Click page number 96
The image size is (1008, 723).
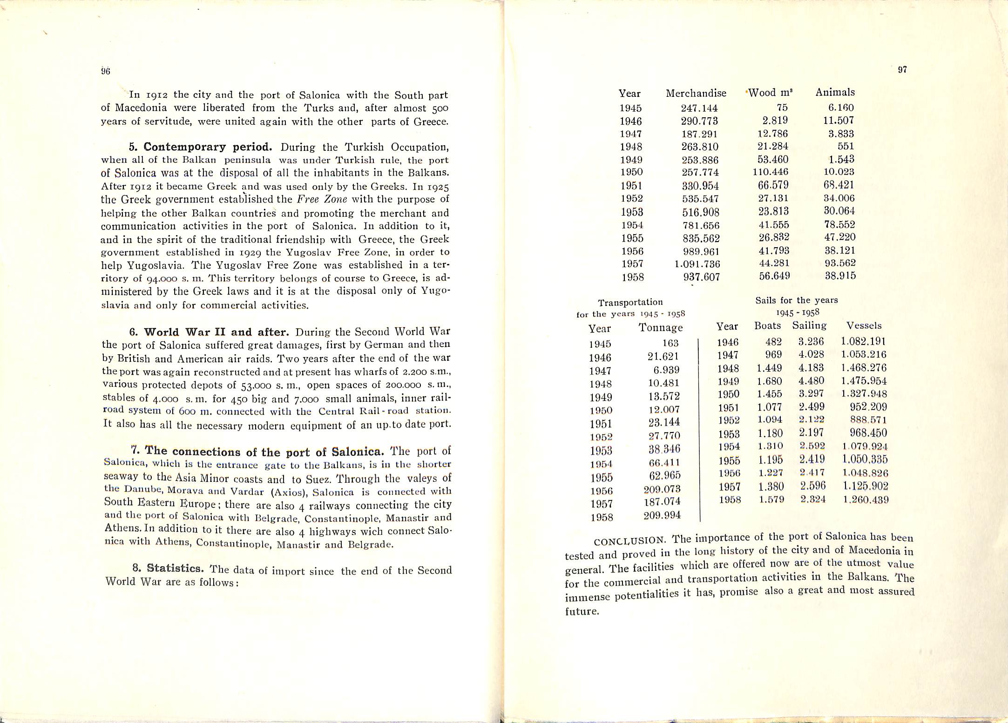(x=105, y=71)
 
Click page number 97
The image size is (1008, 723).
(x=902, y=70)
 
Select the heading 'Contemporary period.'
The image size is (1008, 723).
(x=207, y=147)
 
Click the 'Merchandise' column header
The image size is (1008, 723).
(x=696, y=93)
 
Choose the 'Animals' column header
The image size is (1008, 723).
(x=835, y=92)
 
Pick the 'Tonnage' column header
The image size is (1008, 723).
(x=661, y=328)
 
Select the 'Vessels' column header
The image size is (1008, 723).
(x=864, y=325)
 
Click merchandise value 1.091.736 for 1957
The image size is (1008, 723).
(x=697, y=264)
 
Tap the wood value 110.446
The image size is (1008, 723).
(x=771, y=172)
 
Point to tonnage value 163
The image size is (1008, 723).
(x=670, y=343)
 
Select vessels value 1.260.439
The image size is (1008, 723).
(x=866, y=500)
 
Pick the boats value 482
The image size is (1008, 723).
(x=773, y=342)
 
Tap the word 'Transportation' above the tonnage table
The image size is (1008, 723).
(x=630, y=302)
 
